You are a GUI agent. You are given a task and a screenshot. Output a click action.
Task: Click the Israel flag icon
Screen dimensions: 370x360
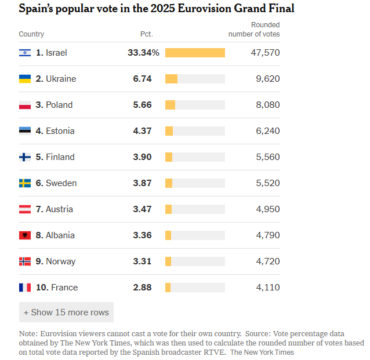coord(25,53)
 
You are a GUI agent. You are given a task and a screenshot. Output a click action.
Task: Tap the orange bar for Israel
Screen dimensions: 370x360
coord(195,53)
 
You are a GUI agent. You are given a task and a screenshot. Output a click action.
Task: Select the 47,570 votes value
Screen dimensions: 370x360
coord(265,53)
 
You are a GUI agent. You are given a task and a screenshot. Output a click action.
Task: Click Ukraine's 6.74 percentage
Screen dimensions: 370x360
coord(142,79)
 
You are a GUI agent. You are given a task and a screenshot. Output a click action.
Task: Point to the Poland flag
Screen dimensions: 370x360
coord(25,105)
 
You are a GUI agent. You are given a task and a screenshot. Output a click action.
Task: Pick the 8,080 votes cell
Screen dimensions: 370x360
coord(268,105)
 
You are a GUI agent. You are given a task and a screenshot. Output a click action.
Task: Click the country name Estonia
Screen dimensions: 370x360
coord(60,131)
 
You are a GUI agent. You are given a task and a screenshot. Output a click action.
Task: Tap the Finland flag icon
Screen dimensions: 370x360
coord(25,157)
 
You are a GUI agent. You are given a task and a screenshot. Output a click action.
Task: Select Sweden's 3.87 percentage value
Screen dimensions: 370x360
coord(142,183)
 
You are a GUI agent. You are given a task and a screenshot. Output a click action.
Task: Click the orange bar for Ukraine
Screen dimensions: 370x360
coord(171,79)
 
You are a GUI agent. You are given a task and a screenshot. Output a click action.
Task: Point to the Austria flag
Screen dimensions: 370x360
coord(25,209)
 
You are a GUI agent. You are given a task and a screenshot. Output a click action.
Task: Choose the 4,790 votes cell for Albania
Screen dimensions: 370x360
coord(268,235)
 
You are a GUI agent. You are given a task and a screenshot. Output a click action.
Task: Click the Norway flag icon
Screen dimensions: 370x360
coord(25,261)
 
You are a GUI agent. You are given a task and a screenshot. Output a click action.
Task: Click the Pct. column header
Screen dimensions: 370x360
coord(147,34)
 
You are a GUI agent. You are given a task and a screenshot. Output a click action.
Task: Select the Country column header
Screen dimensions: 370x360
coord(31,34)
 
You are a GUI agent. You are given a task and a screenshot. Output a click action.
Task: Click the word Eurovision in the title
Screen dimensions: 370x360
coord(204,9)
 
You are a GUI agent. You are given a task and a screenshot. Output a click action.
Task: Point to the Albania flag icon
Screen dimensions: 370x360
coord(25,235)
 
